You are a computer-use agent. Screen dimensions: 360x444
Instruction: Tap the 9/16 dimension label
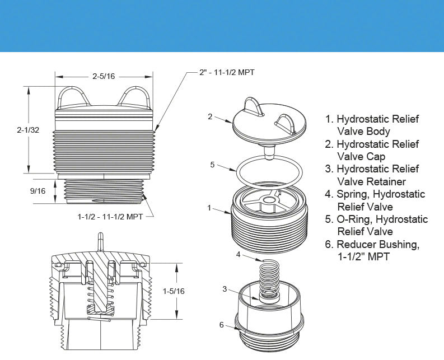pos(38,191)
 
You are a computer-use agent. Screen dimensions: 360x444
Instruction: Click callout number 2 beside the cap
pos(210,116)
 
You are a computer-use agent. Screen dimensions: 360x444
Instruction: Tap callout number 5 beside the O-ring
pos(212,165)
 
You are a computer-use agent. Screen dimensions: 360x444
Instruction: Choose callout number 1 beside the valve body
pos(209,208)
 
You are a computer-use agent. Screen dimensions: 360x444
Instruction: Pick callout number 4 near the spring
pos(237,255)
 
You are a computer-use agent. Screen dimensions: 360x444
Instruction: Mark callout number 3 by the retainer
pos(225,289)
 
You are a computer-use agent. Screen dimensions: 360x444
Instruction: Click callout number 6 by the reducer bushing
pos(222,325)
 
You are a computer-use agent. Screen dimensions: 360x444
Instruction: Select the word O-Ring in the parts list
pos(354,219)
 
